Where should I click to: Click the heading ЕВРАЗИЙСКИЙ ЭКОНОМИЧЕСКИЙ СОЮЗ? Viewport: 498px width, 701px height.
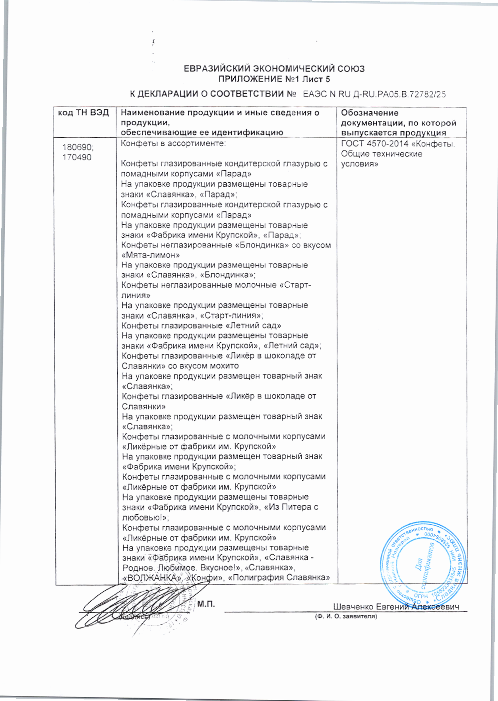tap(274, 69)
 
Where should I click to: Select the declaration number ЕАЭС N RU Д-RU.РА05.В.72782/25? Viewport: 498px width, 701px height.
tap(374, 94)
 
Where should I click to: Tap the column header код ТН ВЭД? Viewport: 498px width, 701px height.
tap(83, 113)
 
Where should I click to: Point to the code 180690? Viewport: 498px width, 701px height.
tap(78, 147)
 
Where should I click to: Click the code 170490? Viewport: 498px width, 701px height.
tap(77, 157)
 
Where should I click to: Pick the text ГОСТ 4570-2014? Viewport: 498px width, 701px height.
tap(374, 144)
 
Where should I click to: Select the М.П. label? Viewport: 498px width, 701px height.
tap(206, 604)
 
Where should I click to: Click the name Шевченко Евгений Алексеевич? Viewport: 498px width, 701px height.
tap(396, 607)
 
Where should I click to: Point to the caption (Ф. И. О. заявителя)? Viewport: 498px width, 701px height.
tap(346, 616)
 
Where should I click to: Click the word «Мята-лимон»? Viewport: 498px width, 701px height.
tap(150, 255)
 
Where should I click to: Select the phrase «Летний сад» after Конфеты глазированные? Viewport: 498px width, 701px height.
tap(253, 326)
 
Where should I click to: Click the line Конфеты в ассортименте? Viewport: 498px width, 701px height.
tap(173, 143)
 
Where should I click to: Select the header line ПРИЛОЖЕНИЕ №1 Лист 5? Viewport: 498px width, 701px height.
tap(274, 79)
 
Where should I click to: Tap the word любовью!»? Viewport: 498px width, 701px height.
tap(145, 517)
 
